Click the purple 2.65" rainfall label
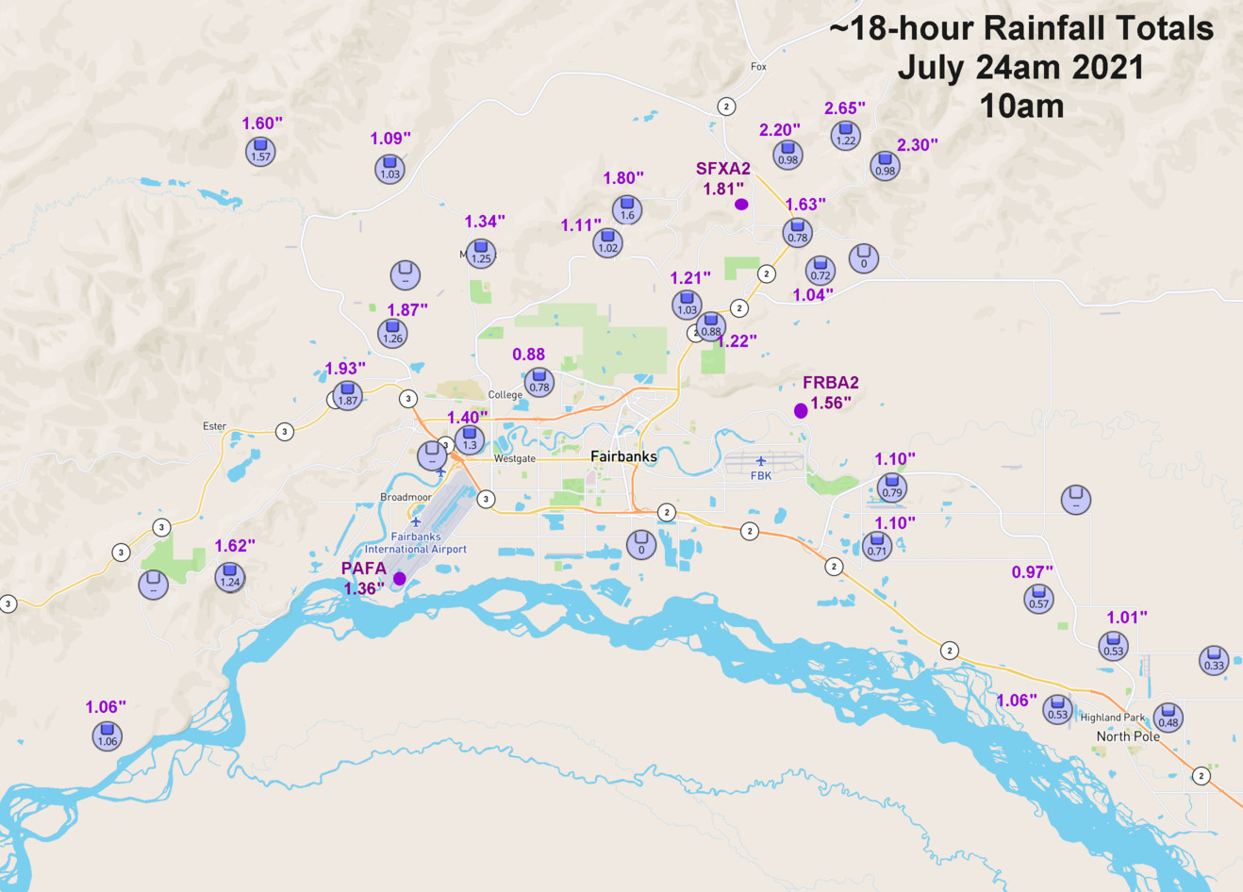coord(845,108)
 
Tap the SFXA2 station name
coord(723,169)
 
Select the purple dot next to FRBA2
coord(801,410)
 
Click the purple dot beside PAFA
coord(400,578)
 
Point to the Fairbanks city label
coord(623,456)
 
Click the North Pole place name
coord(1128,736)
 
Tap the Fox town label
coord(759,67)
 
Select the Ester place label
coord(215,426)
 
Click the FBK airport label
coord(761,475)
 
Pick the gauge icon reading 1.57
coord(261,152)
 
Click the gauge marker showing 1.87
coord(348,395)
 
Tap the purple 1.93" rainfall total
coord(345,369)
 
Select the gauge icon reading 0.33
coord(1214,660)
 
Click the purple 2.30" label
coord(918,144)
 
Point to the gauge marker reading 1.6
coord(627,210)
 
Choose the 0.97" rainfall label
coord(1033,572)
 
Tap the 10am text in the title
coord(1022,106)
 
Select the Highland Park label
coord(1113,718)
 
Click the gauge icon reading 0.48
coord(1168,718)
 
